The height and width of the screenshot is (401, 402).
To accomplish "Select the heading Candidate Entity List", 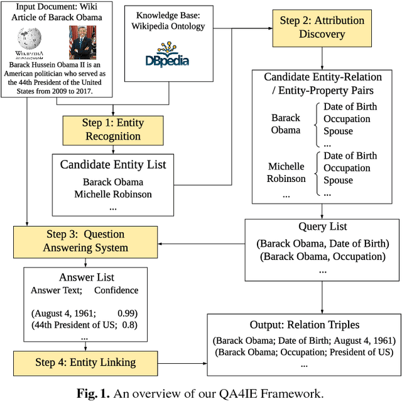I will (113, 165).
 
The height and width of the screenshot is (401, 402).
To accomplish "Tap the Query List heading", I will (322, 227).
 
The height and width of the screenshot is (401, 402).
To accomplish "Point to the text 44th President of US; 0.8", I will (85, 325).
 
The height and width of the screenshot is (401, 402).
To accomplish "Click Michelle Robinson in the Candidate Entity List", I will (113, 193).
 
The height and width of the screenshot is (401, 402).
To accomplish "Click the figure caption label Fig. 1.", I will (92, 394).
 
